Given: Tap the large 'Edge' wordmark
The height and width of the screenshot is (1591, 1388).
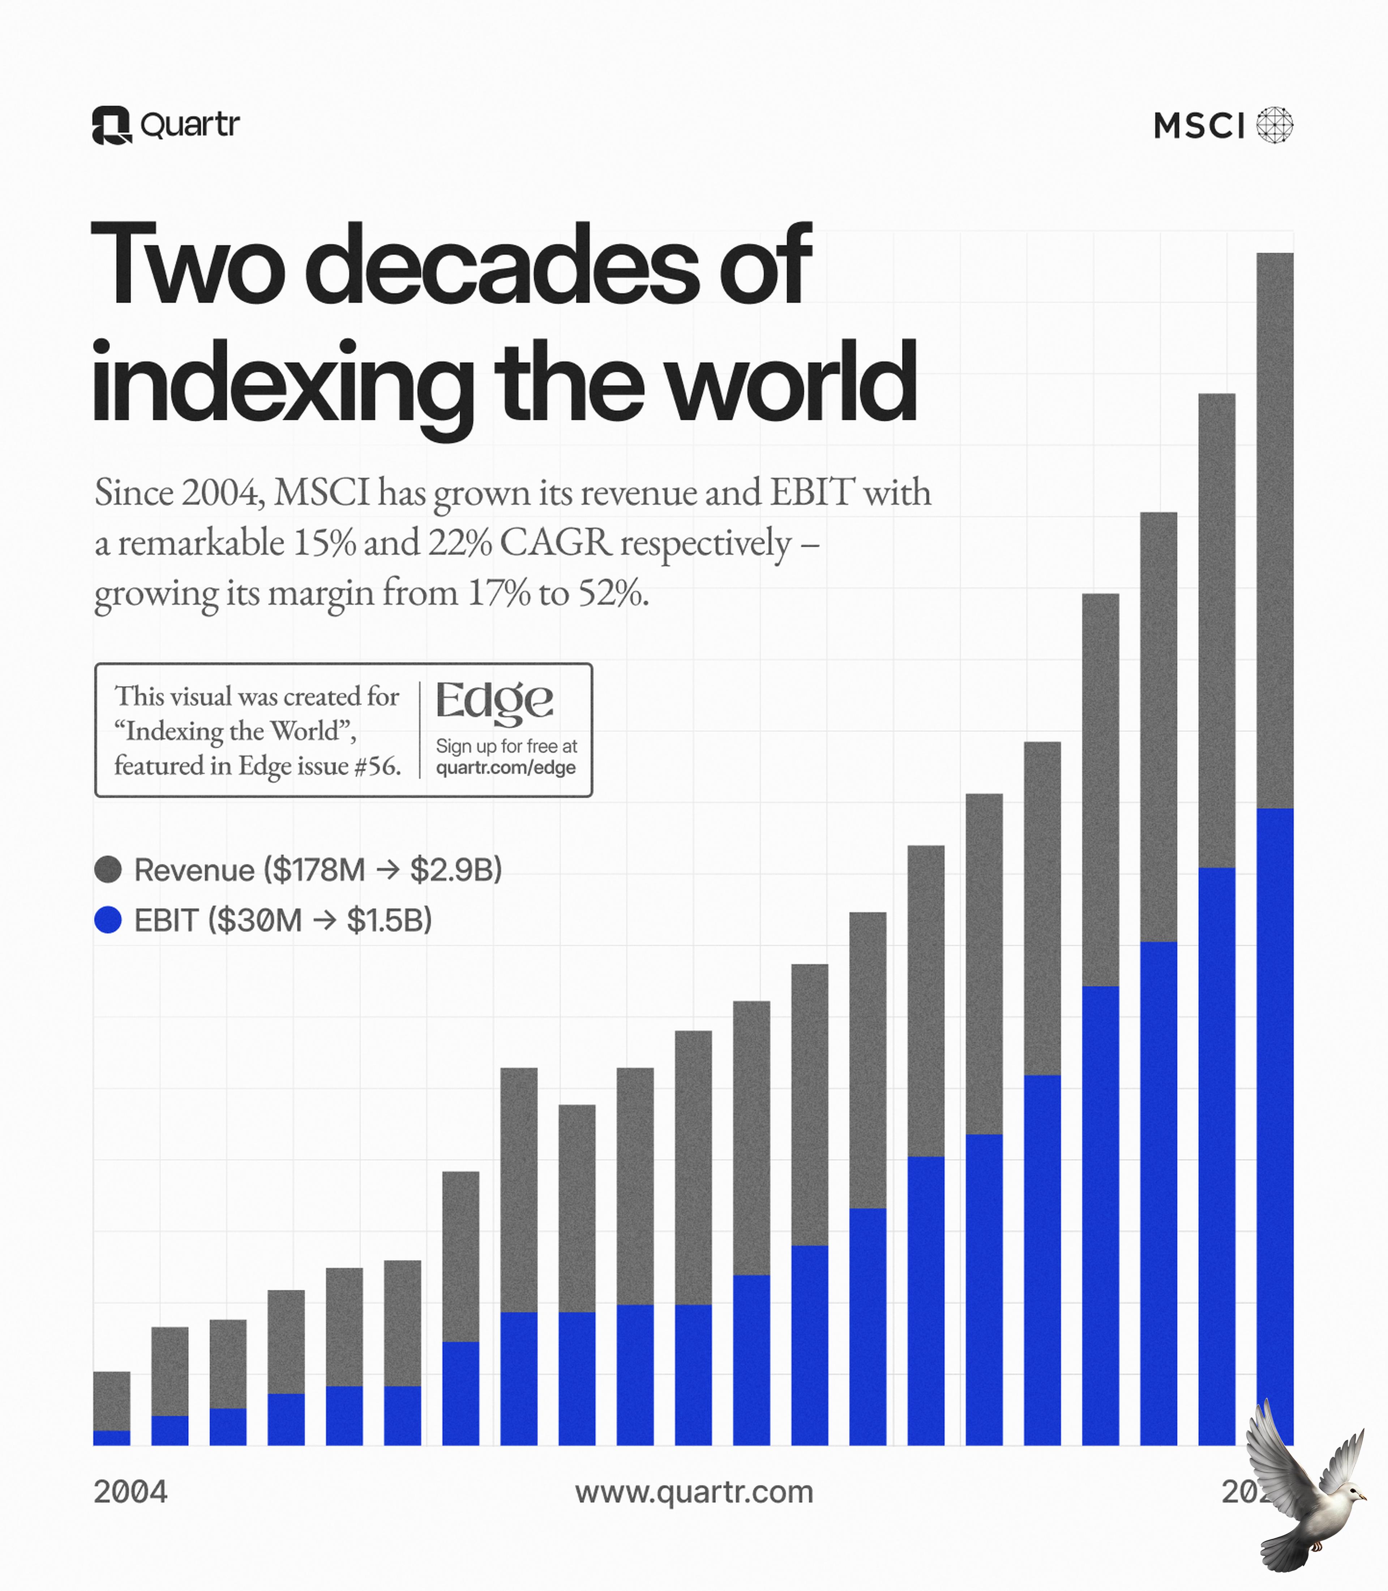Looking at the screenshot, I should pos(494,702).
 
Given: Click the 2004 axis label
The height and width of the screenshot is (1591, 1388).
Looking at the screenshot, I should pos(130,1491).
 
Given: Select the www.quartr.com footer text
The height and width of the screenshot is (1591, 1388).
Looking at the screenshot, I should pos(694,1491).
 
